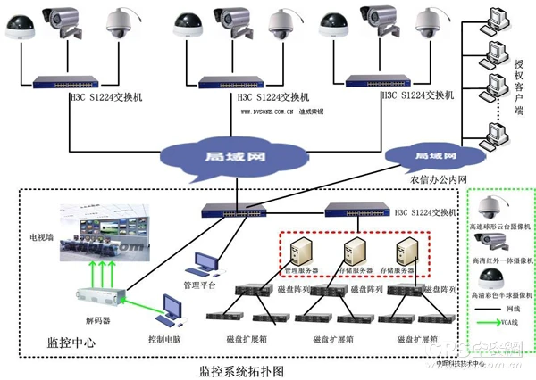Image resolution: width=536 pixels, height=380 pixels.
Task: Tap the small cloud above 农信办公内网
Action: (x=428, y=155)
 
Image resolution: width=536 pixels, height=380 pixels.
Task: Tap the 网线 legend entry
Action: (x=507, y=304)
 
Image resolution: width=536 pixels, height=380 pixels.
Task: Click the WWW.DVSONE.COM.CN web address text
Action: (x=268, y=113)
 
